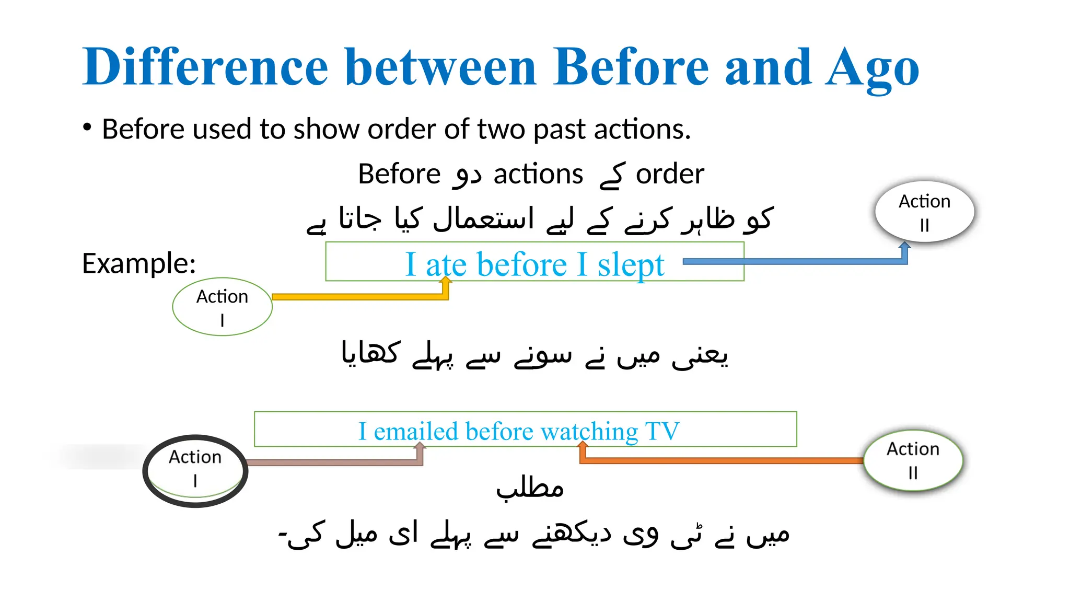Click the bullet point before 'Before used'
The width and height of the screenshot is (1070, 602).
click(87, 128)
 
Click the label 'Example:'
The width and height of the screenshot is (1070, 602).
click(139, 263)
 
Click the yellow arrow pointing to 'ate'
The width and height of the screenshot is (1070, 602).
click(360, 296)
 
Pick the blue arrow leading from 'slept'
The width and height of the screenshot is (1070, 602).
click(794, 261)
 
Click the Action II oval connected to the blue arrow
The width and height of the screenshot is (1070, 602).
click(924, 212)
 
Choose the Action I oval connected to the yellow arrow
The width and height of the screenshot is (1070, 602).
click(222, 307)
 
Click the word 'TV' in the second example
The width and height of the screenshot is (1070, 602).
click(662, 431)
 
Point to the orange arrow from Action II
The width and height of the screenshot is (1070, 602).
click(721, 460)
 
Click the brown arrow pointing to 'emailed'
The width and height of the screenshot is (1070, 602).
click(334, 462)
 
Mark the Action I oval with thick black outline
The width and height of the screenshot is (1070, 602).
click(195, 470)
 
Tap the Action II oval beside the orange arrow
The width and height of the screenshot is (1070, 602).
click(913, 460)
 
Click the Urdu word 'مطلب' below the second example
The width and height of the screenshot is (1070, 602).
click(530, 489)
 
